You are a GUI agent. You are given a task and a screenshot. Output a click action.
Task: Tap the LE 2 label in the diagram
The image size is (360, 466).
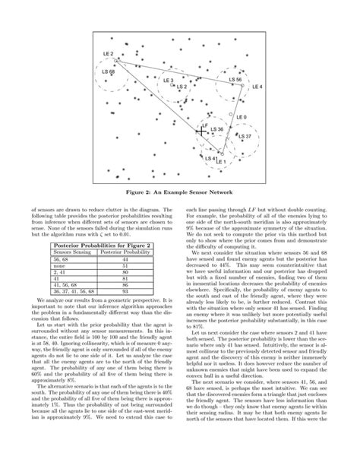108,54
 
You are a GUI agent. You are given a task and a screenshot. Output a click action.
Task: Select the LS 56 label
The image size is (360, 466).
235,79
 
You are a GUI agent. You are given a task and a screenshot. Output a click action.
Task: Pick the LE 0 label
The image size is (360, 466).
242,116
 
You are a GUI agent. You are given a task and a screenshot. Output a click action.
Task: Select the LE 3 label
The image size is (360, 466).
168,80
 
